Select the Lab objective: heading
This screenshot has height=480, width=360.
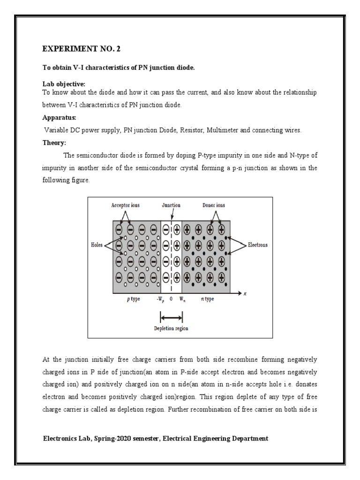pos(64,84)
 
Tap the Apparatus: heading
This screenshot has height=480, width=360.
pos(59,119)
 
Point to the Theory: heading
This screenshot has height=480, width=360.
pos(54,143)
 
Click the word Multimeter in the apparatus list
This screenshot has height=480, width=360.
pos(221,131)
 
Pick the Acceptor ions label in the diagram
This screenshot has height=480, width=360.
pos(126,205)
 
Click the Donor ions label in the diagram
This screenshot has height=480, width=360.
pos(214,205)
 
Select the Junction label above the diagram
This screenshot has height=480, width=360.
pos(171,205)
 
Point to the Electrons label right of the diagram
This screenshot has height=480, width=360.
pos(258,245)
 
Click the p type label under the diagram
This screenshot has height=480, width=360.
pos(133,299)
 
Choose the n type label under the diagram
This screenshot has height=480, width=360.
pos(207,299)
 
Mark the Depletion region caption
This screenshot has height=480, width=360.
pos(171,329)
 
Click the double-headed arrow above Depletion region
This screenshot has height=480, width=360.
pos(171,318)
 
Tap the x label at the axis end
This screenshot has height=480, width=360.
pos(245,293)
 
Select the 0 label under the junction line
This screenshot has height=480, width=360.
pos(171,299)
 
